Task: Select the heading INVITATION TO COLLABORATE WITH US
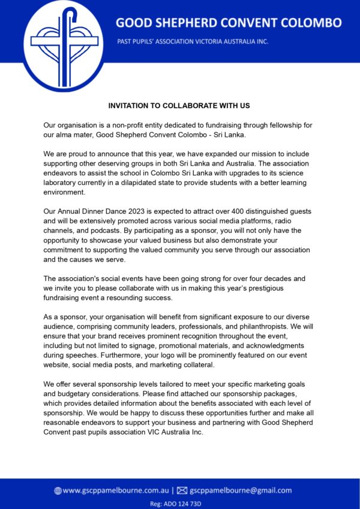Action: pos(179,106)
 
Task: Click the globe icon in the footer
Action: pos(58,490)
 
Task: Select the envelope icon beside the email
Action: pos(182,490)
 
